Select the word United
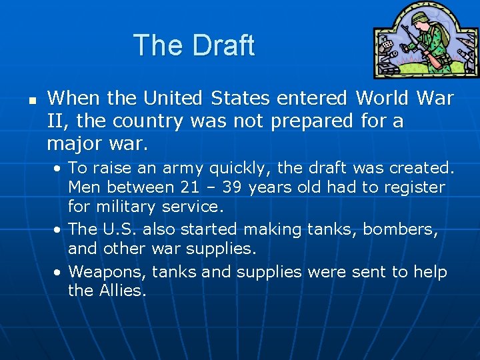[x=173, y=99]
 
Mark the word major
[x=77, y=143]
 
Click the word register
[x=415, y=187]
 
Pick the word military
[x=130, y=206]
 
